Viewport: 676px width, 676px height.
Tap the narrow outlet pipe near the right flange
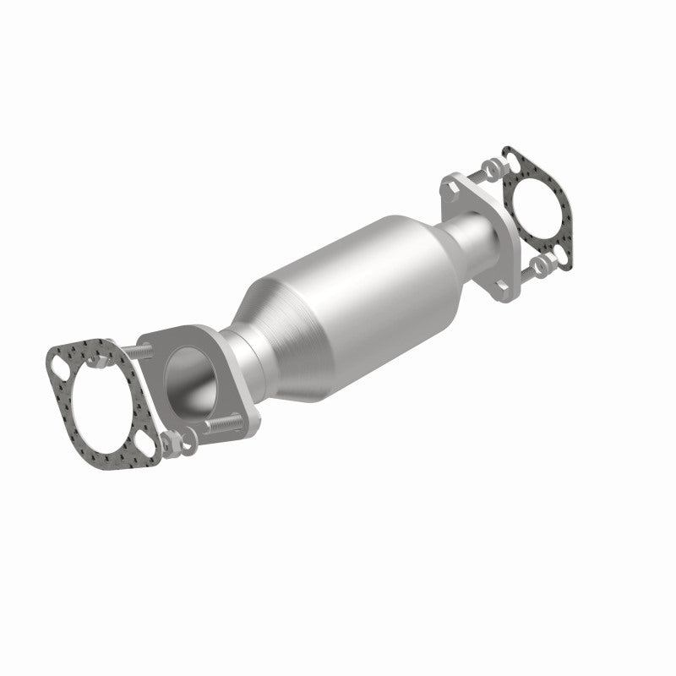point(469,228)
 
